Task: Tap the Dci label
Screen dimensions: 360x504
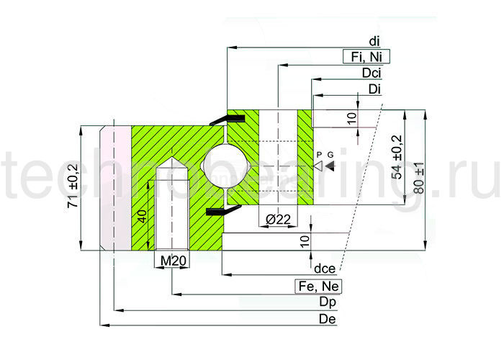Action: tap(372, 73)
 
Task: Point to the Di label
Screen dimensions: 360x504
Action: tap(374, 89)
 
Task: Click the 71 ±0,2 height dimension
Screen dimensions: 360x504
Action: tap(72, 187)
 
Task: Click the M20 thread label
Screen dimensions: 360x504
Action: tap(173, 261)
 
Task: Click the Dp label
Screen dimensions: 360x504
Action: tap(328, 302)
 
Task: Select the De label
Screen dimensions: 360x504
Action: tap(328, 318)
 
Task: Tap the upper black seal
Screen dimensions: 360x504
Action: tap(220, 120)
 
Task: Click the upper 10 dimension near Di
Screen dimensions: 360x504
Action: tap(351, 117)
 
